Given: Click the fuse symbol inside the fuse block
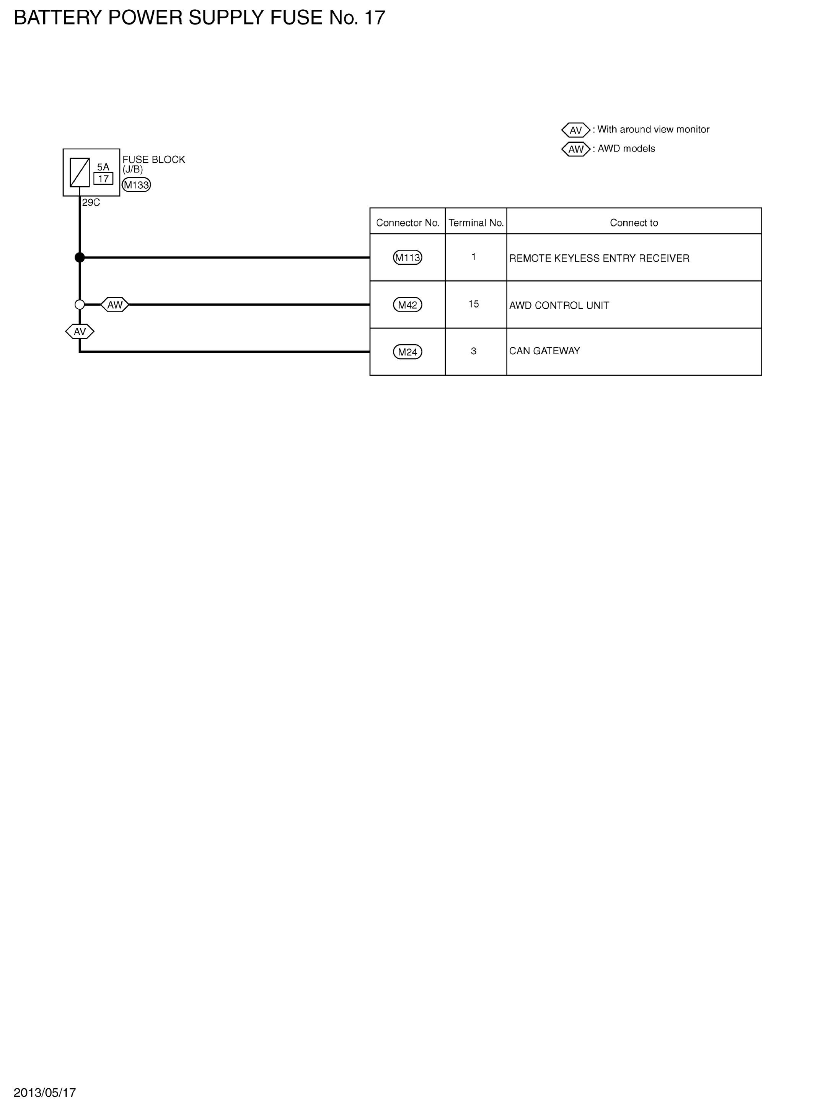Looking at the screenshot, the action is pos(80,172).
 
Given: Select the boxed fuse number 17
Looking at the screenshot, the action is pos(103,179).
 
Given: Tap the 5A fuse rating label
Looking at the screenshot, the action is pos(103,167).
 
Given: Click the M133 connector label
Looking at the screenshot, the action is pos(136,185).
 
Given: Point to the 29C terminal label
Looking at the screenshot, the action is pos(91,203).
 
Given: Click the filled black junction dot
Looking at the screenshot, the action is pos(80,257).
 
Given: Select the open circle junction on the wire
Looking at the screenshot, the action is pos(80,305).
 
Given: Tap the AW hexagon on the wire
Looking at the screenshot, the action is pos(115,305).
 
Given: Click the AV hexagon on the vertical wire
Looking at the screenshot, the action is pos(80,331).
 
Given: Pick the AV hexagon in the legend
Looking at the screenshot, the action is pos(576,130).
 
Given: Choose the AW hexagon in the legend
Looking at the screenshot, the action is pos(576,149).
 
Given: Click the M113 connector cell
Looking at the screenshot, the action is pos(408,257).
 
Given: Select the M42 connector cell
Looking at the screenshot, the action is pos(408,305).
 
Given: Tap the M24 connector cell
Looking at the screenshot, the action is pos(408,352).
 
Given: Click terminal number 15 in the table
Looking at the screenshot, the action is pos(474,304).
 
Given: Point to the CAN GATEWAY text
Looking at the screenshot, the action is pos(544,351).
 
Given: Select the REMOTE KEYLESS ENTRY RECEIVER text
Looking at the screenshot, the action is pos(600,258).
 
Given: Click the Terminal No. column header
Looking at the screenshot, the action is pos(476,223).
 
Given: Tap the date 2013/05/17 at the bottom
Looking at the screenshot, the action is pos(45,1092).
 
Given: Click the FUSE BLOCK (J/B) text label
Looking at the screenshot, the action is pos(154,164).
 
